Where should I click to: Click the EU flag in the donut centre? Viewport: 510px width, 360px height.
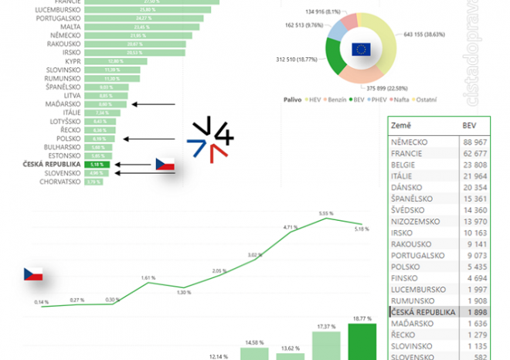pos(361,49)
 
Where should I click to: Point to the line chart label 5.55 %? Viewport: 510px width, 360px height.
pos(326,212)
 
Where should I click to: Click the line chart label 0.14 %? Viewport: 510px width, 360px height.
pos(42,301)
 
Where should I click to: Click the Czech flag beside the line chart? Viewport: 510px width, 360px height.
pos(32,274)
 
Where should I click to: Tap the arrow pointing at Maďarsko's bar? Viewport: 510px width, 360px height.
pos(155,104)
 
